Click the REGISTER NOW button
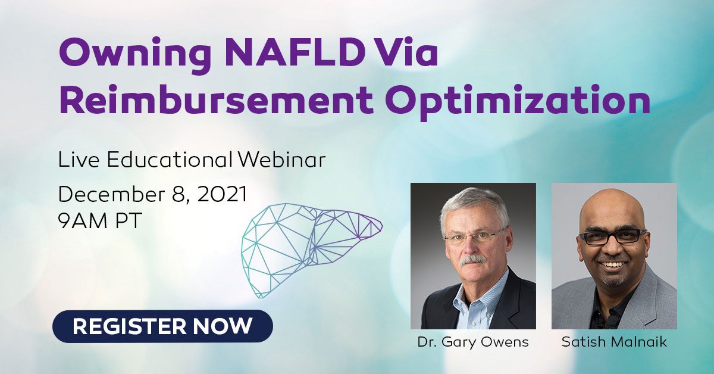162,326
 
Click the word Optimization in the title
518,101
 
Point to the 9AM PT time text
100,220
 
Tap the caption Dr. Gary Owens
473,342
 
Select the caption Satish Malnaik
614,342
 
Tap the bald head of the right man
612,207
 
